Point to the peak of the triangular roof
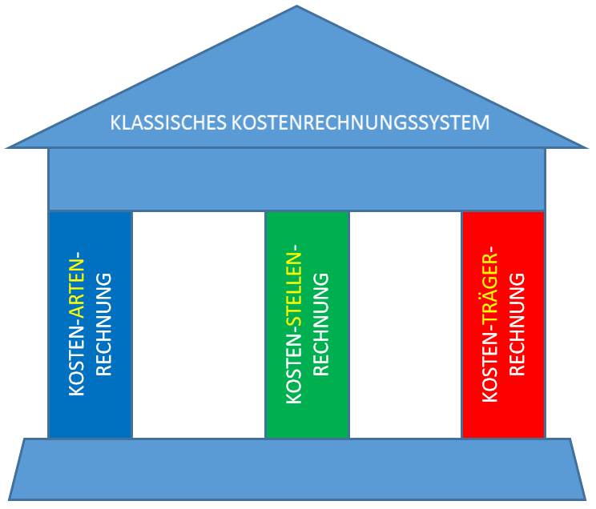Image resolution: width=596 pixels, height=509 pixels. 297,8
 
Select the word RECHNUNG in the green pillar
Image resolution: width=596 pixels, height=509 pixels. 320,324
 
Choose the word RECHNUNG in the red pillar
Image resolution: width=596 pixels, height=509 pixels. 517,324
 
